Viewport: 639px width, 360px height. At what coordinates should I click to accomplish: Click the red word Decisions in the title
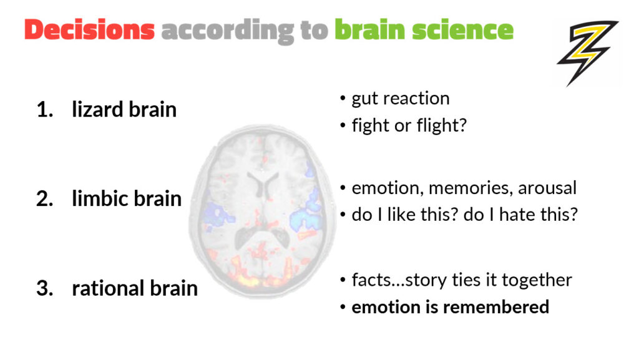point(90,30)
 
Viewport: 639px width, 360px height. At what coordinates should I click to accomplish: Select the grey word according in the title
point(227,31)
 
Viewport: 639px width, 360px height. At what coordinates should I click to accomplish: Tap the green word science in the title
point(462,30)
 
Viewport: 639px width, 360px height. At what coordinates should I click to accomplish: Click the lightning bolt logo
point(587,52)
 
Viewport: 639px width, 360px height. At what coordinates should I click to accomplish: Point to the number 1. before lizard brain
point(45,110)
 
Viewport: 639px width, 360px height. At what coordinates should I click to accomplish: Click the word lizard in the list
point(97,109)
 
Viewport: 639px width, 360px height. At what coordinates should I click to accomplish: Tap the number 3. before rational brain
point(45,288)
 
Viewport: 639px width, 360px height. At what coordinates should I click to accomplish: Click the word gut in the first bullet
point(364,99)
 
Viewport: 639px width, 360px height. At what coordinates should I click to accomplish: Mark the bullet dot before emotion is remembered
point(343,307)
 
